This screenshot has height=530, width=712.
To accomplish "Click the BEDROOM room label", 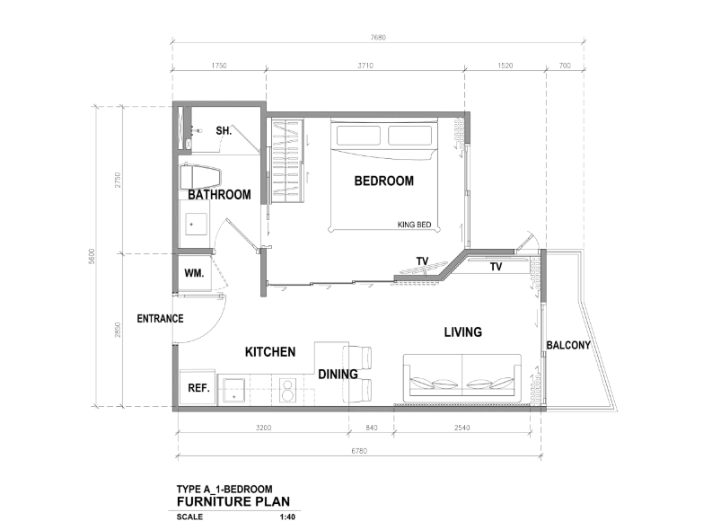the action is (383, 181).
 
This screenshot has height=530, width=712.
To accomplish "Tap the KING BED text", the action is (414, 225).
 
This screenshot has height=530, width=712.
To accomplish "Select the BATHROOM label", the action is (219, 195).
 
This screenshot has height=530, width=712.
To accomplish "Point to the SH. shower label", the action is (224, 131).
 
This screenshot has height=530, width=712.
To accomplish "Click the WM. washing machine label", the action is (194, 273).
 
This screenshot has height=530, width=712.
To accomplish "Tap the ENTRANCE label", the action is (161, 319).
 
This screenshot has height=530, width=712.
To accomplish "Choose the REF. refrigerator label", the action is (199, 388).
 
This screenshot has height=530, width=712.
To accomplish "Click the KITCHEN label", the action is (270, 352).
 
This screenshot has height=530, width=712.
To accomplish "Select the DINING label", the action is (338, 375).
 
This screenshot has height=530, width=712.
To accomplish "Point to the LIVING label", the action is (462, 332).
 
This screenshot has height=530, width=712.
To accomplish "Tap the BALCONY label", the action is (568, 345).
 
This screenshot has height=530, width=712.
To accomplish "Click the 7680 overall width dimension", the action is (378, 37).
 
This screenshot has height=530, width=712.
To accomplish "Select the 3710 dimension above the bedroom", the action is (365, 66).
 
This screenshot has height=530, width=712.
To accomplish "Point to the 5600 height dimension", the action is (92, 256).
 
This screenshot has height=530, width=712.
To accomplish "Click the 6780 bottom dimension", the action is (359, 451).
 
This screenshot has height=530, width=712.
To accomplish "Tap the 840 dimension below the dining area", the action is (372, 428).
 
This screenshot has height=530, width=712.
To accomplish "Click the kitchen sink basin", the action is (233, 391).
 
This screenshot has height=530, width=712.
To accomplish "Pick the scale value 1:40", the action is (287, 517).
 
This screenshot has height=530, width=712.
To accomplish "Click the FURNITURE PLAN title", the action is (233, 502).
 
